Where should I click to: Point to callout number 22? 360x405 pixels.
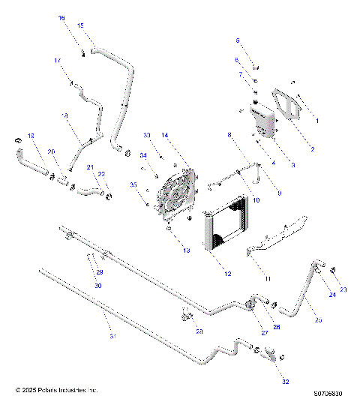(102, 174)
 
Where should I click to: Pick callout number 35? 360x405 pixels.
(133, 184)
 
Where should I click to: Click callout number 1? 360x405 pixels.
(316, 120)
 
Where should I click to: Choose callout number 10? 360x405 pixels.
(256, 200)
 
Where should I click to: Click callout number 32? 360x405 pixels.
(284, 381)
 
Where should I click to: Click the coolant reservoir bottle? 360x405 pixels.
(262, 120)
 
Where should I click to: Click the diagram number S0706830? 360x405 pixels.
(328, 391)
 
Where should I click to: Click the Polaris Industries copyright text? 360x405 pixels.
(57, 390)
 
